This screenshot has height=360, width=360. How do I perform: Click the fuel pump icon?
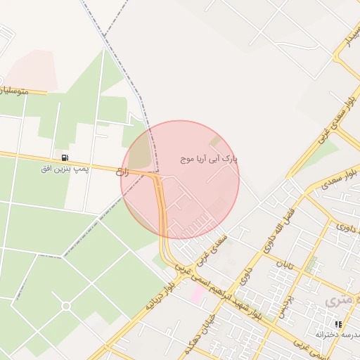point(65,157)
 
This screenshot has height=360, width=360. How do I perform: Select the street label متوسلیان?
point(24,90)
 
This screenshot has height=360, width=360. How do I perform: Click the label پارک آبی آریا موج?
point(209,160)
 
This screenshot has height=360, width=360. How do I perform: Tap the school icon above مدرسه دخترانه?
point(338,324)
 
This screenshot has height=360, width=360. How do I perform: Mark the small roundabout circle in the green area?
point(66,306)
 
